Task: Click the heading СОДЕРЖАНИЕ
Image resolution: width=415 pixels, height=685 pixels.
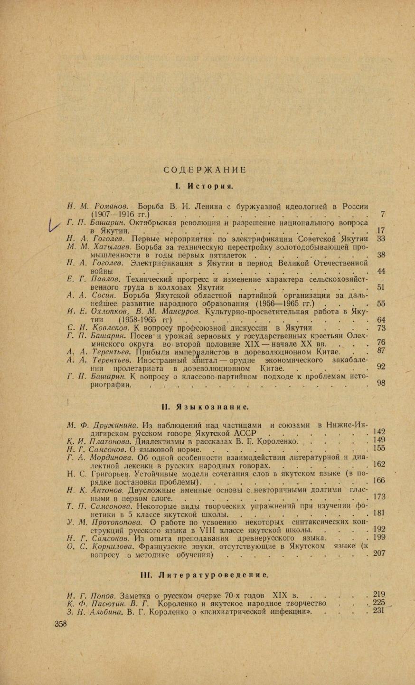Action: (205, 170)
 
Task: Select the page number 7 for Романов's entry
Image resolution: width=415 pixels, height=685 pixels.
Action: (383, 214)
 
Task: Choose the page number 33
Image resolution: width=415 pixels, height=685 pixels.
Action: (381, 239)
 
